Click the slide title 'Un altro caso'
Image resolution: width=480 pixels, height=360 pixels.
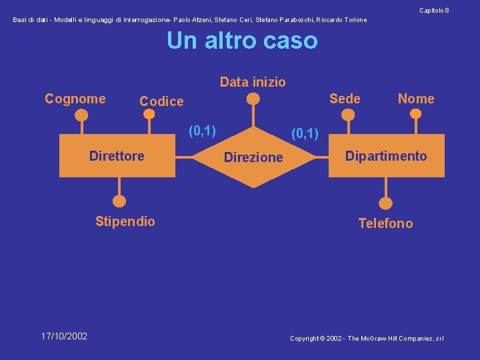242,41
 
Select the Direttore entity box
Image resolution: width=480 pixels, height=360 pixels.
117,156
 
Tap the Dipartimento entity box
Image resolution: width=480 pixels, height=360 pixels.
386,156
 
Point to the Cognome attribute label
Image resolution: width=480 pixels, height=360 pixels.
75,99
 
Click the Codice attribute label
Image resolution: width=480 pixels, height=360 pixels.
161,101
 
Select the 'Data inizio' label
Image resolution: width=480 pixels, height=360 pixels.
253,82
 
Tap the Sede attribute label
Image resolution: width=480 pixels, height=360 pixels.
345,99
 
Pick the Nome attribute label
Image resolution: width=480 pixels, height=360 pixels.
416,99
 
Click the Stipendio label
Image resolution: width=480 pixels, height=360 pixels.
125,221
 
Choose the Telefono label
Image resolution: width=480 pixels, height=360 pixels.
385,223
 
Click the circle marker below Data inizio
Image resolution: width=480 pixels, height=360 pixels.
253,99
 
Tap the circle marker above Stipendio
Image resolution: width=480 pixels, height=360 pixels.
119,200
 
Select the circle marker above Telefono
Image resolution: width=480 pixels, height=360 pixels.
385,203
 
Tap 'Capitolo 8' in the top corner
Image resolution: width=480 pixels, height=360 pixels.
434,10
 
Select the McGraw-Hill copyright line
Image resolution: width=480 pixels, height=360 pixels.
367,339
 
